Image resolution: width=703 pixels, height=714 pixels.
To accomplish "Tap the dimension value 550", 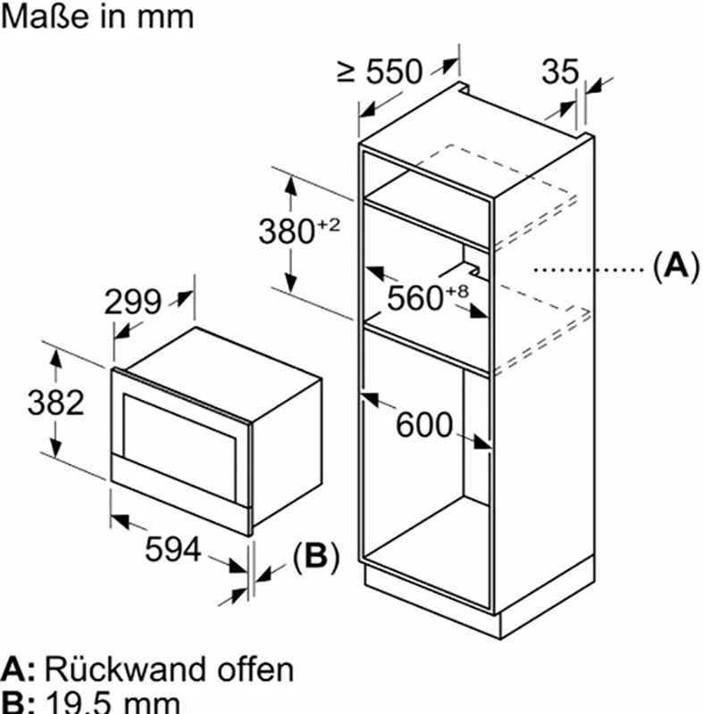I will (x=392, y=71).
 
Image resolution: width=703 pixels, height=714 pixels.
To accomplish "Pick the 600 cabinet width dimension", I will (x=425, y=425).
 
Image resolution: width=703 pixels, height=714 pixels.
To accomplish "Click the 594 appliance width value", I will (x=172, y=551).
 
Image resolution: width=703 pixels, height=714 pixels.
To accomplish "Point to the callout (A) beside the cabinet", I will (x=671, y=266).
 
